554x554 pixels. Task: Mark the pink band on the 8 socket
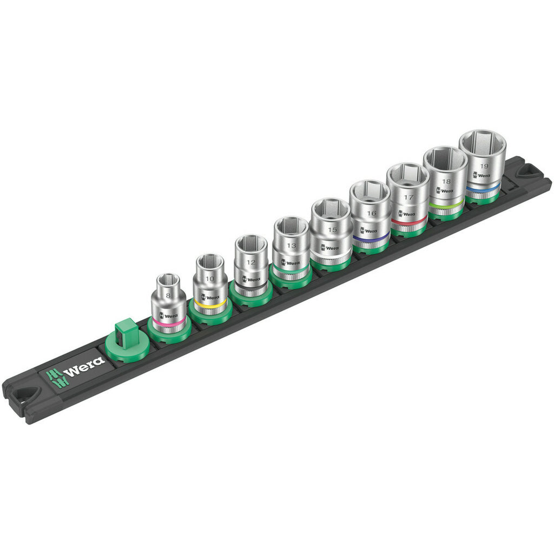169,322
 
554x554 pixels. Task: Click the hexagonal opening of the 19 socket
483,142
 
